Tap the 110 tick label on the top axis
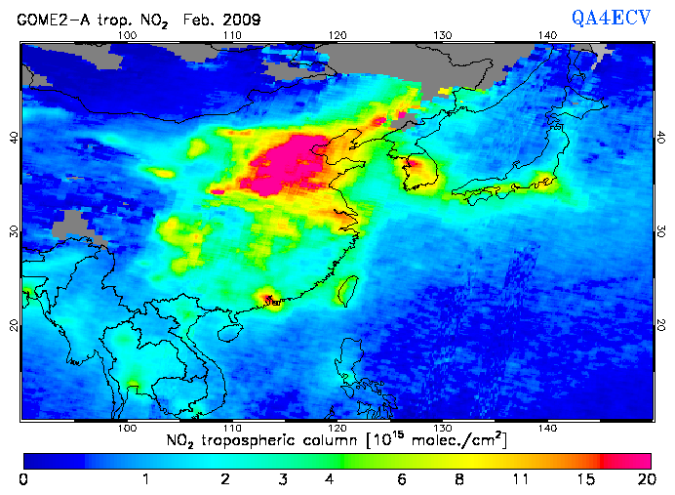point(231,35)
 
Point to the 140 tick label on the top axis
point(547,35)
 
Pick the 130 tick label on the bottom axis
point(442,428)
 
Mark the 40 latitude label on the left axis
point(14,138)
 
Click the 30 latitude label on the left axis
point(14,230)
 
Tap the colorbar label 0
point(22,479)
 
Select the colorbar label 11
point(524,479)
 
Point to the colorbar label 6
point(402,479)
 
